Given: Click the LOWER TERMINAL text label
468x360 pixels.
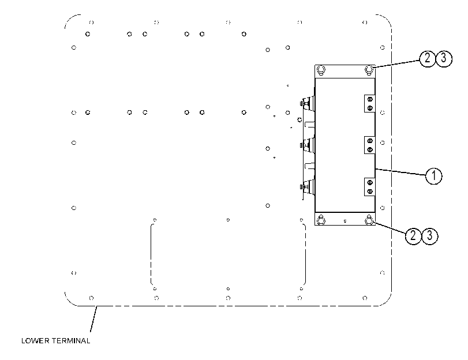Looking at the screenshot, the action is click(x=55, y=340).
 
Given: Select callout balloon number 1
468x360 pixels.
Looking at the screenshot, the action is click(x=433, y=176).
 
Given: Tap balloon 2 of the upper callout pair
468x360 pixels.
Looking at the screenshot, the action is click(x=428, y=58).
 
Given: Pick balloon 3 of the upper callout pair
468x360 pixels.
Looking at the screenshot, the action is click(x=444, y=58).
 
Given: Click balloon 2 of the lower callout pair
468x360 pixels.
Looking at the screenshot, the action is click(x=413, y=236).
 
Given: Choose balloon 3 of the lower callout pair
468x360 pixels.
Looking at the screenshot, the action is click(x=430, y=236).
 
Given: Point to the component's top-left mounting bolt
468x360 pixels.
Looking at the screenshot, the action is click(x=321, y=70).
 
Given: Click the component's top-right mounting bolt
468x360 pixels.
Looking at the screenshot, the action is click(x=369, y=70).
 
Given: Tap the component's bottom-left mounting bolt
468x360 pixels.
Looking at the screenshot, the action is click(x=321, y=220).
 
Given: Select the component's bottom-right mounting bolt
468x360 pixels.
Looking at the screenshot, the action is click(x=369, y=220).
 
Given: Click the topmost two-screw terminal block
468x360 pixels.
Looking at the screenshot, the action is click(x=369, y=103).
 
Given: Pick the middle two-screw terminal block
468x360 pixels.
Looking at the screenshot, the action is click(x=369, y=145).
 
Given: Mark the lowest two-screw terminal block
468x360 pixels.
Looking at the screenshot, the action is click(x=369, y=187).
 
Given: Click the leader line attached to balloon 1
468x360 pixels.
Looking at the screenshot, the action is click(x=400, y=172).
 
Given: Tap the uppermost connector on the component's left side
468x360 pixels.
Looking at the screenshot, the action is click(x=308, y=104).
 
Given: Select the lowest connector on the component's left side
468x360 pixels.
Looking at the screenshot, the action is click(x=308, y=187).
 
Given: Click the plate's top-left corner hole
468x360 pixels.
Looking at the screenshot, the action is click(x=92, y=22).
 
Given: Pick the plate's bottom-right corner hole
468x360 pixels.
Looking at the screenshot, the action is click(x=365, y=298).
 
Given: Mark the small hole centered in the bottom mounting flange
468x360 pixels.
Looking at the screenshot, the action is click(x=345, y=221).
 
